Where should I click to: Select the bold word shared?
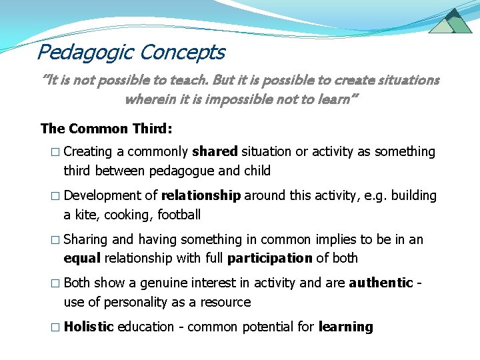pyautogui.click(x=215, y=152)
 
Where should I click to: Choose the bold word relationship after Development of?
pyautogui.click(x=201, y=196)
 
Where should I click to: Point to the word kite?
pyautogui.click(x=87, y=215)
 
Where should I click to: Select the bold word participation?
pyautogui.click(x=269, y=258)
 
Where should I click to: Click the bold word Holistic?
pyautogui.click(x=89, y=327)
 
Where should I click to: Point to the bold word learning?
pyautogui.click(x=345, y=327)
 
